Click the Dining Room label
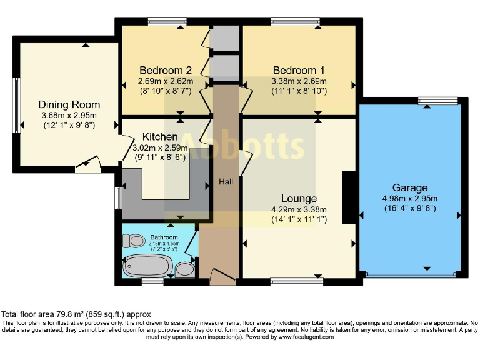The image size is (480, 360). click(69, 104)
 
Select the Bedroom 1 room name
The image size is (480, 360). click(299, 70)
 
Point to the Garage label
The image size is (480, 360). click(410, 187)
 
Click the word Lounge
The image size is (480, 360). click(299, 199)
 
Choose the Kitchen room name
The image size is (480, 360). click(160, 136)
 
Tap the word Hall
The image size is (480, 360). click(226, 181)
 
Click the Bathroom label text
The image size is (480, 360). click(164, 237)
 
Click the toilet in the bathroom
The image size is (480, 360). click(133, 241)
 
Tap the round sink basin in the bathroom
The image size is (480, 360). click(184, 269)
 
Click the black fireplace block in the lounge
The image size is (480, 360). click(349, 197)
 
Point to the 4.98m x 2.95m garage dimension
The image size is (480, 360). click(410, 198)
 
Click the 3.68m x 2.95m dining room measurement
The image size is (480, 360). click(69, 116)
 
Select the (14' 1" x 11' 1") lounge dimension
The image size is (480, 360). click(299, 220)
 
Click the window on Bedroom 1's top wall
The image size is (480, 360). click(296, 22)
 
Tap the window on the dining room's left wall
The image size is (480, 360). click(17, 105)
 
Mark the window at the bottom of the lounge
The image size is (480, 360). click(296, 281)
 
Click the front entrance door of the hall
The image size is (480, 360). click(223, 277)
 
